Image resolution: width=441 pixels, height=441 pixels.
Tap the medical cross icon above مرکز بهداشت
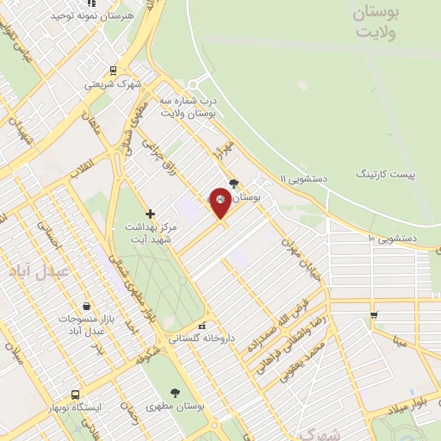pos(150,213)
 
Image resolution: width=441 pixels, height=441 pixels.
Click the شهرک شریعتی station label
pos(112,85)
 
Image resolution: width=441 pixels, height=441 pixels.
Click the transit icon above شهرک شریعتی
pos(113,71)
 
